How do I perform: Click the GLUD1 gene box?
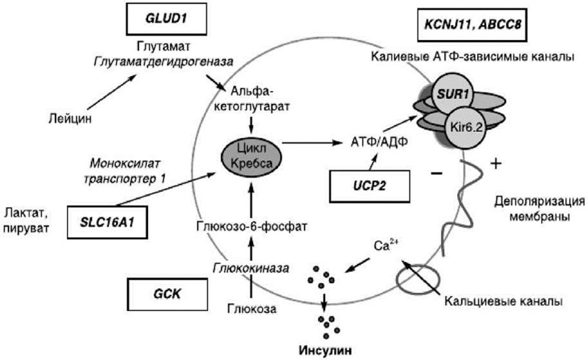tap(166, 18)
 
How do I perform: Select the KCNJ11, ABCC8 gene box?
tap(473, 25)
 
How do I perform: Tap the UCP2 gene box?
tap(370, 186)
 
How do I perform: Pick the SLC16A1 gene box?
tap(107, 222)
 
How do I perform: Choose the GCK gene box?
tap(167, 295)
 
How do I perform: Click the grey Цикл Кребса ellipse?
tap(252, 156)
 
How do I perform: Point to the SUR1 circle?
tap(453, 94)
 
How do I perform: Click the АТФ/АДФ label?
tap(379, 142)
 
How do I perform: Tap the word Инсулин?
tap(326, 351)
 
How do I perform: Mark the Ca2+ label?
tap(386, 245)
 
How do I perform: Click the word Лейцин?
tap(70, 119)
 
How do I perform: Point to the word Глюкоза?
tap(252, 309)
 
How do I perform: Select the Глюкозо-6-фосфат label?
tap(252, 226)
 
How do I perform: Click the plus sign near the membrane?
tap(496, 164)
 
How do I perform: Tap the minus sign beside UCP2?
tap(437, 174)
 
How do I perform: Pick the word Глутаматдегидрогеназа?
tap(164, 62)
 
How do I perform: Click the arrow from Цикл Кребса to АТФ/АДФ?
tap(312, 143)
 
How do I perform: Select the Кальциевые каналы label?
tap(503, 302)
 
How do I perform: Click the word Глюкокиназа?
tap(251, 268)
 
